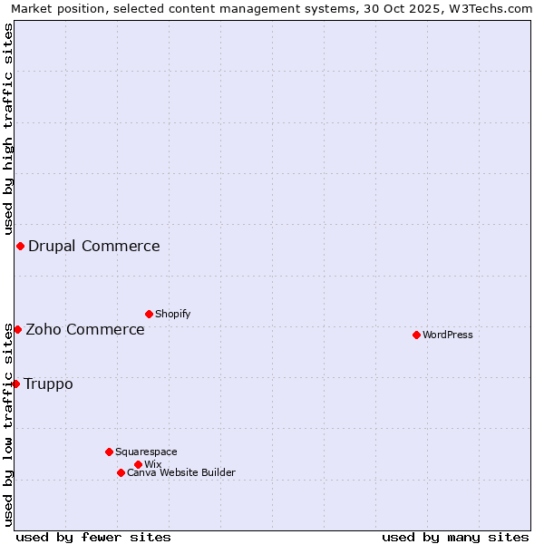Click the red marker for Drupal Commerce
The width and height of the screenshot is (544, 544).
(20, 247)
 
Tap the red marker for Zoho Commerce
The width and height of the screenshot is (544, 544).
(17, 329)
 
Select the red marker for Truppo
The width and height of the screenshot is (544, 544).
(15, 384)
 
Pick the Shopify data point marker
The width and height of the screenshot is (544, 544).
(149, 314)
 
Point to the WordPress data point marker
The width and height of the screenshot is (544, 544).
(416, 335)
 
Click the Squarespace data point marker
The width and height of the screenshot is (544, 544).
(109, 452)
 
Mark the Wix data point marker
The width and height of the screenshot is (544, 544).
(138, 464)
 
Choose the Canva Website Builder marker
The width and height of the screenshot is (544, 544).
(121, 472)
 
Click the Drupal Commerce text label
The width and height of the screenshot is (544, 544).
(94, 247)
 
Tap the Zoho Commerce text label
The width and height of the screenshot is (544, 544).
(85, 330)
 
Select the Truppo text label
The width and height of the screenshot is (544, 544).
(48, 384)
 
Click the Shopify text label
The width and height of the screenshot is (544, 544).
(173, 315)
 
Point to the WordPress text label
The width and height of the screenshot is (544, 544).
(448, 335)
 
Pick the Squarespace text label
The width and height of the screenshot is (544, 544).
(146, 452)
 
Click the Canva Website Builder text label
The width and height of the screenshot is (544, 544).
(181, 473)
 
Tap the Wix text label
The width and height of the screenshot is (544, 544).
(153, 465)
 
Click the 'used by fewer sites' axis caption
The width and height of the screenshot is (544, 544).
(93, 537)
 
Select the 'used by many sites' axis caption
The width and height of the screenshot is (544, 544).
(455, 537)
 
